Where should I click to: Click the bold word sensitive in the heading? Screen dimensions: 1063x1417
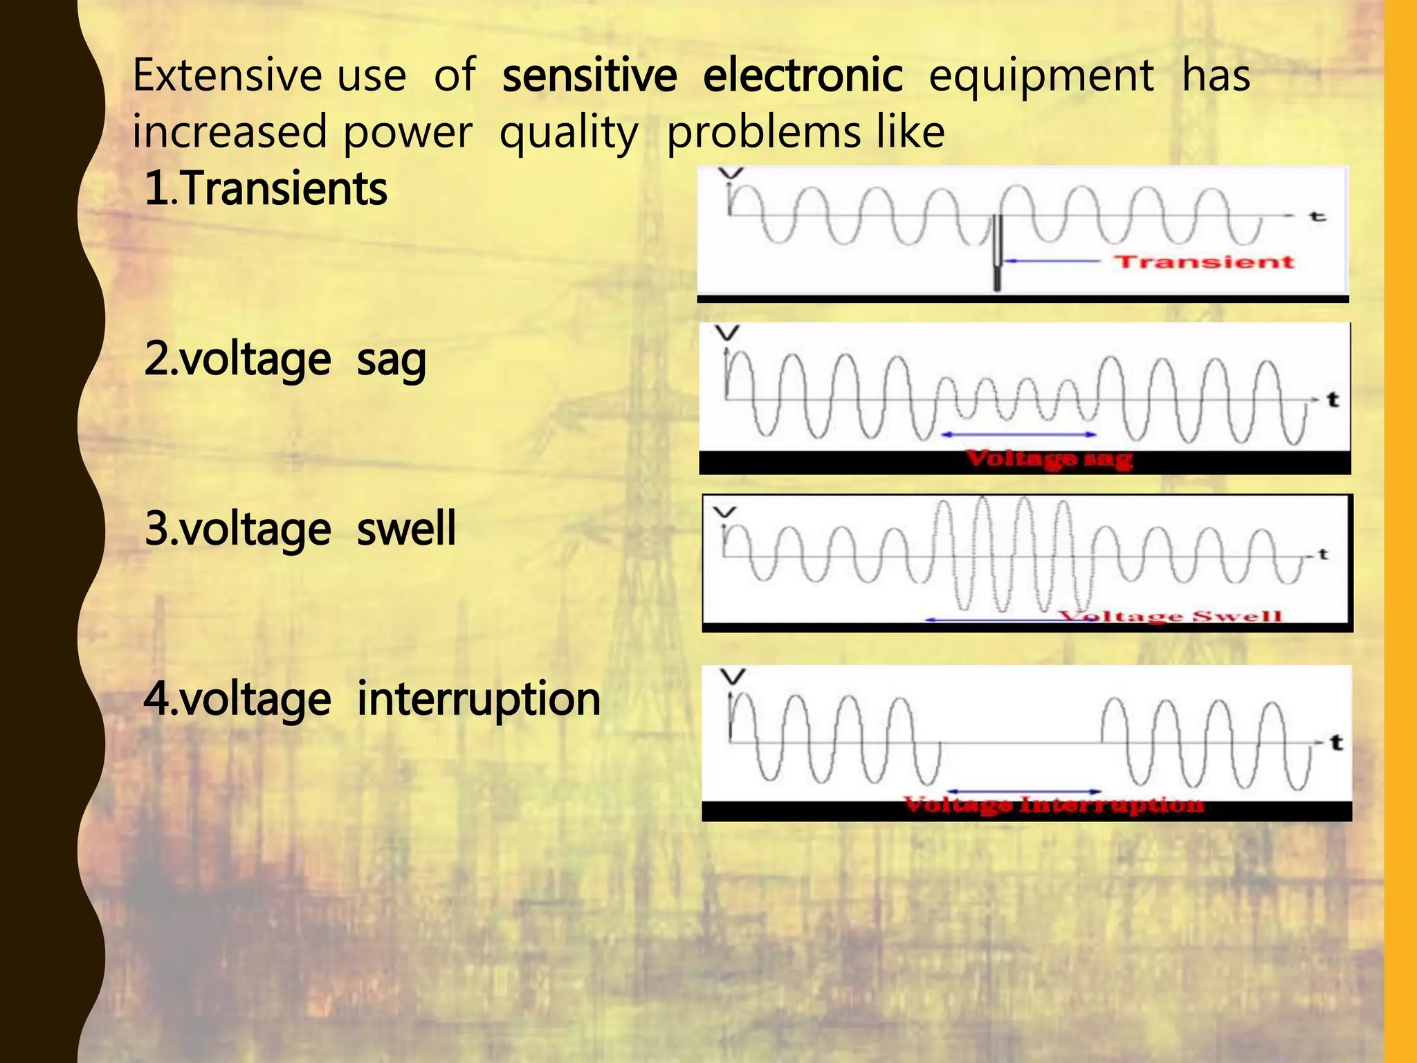pos(589,76)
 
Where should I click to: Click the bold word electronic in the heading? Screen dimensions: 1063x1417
pos(803,76)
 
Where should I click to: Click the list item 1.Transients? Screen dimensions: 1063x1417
pos(266,190)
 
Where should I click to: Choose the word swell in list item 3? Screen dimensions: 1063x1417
pos(406,529)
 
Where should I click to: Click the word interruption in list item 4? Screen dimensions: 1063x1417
pos(479,700)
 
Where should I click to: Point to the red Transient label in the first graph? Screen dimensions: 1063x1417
pos(1203,262)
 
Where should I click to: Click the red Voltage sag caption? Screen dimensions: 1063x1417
pos(1049,459)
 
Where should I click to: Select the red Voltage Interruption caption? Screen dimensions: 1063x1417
pos(1054,805)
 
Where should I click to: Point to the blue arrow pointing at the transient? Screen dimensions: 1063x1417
pos(1052,262)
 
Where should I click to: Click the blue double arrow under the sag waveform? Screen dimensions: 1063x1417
pos(1019,435)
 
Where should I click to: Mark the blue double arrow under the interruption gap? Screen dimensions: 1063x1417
pos(1024,791)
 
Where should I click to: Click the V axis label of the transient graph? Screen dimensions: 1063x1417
pos(731,173)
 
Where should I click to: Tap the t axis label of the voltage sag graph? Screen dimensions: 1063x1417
pos(1333,400)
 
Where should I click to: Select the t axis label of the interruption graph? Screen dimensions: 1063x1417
pos(1336,743)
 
